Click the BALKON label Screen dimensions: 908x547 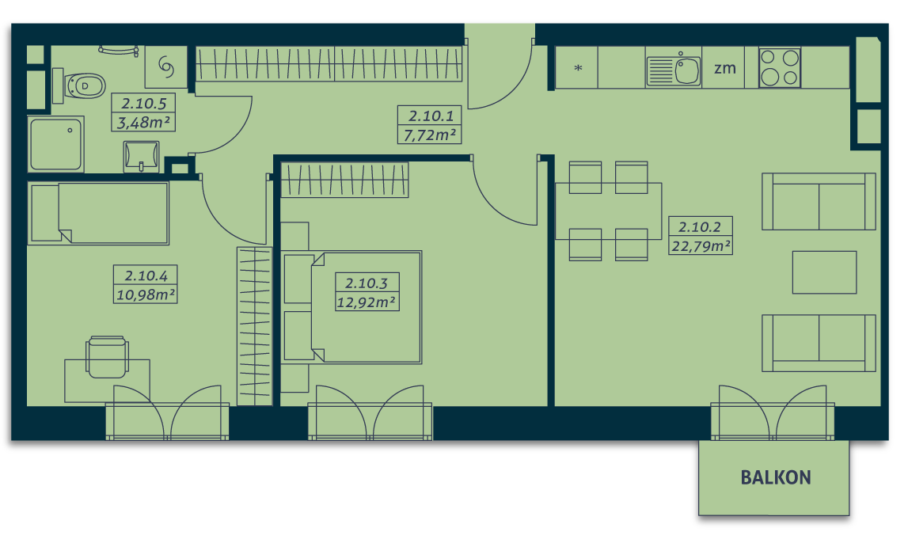(x=775, y=477)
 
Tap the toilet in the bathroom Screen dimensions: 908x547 (x=79, y=85)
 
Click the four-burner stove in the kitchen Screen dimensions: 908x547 (x=780, y=68)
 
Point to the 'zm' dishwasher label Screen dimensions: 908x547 (x=724, y=68)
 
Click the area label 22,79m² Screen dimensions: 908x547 (x=701, y=246)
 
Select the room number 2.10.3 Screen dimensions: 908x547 (x=367, y=283)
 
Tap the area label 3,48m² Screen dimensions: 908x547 (x=143, y=122)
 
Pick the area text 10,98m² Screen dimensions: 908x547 (x=146, y=294)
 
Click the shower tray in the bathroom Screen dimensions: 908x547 (x=56, y=144)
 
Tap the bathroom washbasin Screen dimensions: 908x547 (x=141, y=156)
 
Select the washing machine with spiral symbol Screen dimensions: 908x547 (x=166, y=67)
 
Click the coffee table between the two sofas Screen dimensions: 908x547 (x=824, y=272)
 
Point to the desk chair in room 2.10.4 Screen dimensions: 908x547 (x=107, y=356)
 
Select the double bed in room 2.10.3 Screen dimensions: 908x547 (x=352, y=307)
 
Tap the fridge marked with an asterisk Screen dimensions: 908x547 (x=577, y=68)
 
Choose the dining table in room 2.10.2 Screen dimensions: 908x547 (x=608, y=211)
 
